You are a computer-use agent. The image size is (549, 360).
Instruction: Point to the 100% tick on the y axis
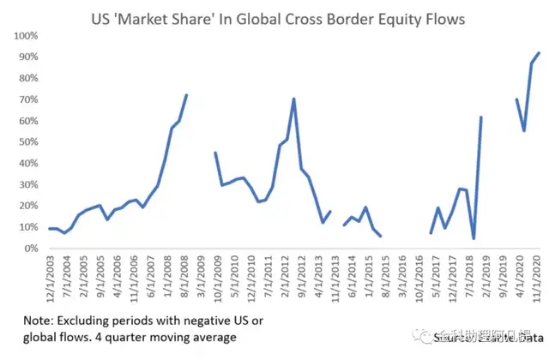27,36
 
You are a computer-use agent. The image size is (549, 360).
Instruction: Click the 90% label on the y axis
29,57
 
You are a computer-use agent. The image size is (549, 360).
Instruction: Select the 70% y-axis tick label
29,99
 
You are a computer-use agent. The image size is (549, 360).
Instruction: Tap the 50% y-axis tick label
29,142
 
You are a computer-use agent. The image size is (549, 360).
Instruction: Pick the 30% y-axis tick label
29,184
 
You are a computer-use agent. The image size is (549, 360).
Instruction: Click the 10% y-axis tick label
29,227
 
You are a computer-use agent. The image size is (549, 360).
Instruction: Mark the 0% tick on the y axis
32,249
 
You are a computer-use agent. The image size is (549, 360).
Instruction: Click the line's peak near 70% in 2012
294,99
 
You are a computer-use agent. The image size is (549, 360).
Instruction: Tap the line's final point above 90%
539,53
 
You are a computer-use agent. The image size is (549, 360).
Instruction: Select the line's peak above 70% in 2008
186,95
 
